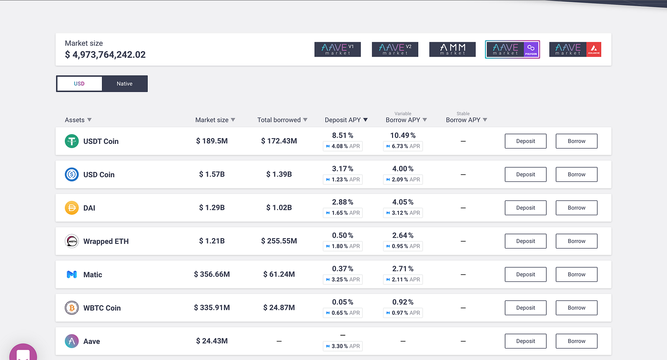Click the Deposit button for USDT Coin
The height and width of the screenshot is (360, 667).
526,141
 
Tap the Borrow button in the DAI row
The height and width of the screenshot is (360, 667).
576,208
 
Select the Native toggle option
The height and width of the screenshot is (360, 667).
124,84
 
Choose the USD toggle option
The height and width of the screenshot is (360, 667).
79,84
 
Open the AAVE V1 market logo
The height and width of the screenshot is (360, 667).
338,50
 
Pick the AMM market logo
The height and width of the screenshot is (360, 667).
452,50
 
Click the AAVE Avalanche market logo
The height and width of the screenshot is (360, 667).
576,50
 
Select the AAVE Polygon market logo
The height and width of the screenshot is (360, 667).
513,50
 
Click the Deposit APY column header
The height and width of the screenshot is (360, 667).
346,120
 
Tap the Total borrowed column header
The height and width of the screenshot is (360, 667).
282,120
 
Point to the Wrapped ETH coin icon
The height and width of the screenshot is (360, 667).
72,241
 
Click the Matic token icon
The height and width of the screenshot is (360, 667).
72,274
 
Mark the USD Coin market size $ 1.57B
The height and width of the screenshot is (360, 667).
212,174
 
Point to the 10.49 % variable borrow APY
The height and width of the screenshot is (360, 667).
403,135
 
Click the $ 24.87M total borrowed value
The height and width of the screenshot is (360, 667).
279,307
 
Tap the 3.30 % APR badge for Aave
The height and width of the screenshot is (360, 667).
343,346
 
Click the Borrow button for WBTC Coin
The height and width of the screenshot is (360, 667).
576,308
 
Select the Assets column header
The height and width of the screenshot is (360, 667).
78,120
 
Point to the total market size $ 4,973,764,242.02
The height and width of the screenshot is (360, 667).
105,55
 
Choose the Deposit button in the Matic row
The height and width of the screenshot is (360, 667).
526,274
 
